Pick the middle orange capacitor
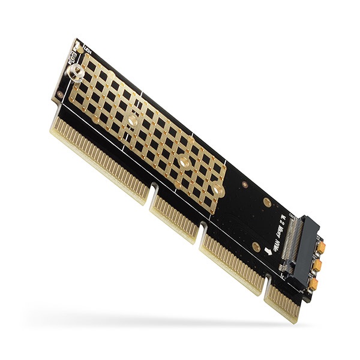click(317, 265)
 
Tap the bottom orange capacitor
click(313, 283)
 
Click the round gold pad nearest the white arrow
click(256, 247)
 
